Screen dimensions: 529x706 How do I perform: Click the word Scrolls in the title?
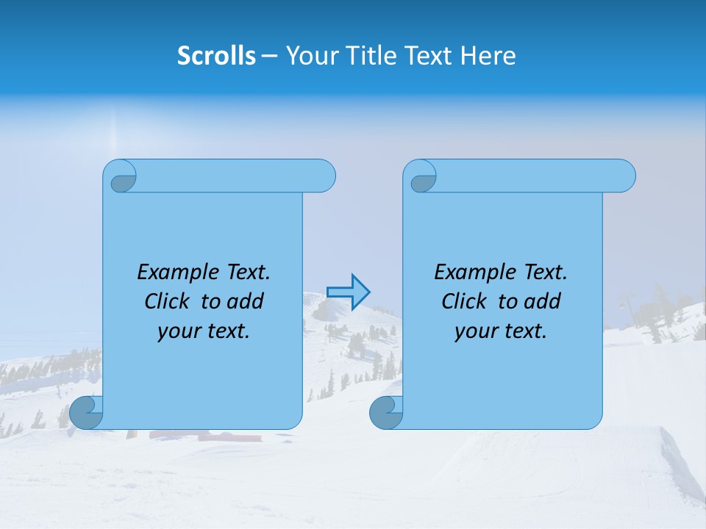pyautogui.click(x=216, y=56)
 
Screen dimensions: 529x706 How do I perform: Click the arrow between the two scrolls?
pyautogui.click(x=348, y=292)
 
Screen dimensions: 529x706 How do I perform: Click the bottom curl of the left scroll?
pyautogui.click(x=86, y=412)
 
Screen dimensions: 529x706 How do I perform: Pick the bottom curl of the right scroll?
pyautogui.click(x=386, y=412)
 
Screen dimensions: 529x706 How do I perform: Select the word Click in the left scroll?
pyautogui.click(x=167, y=302)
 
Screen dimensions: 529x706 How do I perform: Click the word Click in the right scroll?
pyautogui.click(x=464, y=302)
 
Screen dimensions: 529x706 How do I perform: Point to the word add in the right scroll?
pyautogui.click(x=543, y=302)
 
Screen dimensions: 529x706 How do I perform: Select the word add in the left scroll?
pyautogui.click(x=246, y=302)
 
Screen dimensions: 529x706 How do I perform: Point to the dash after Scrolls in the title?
pyautogui.click(x=269, y=56)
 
